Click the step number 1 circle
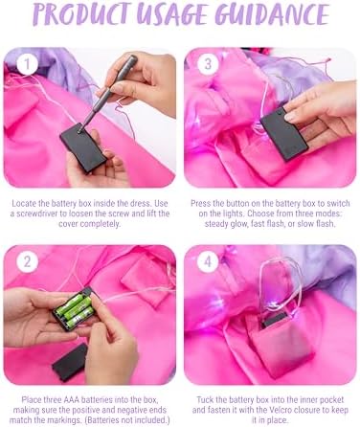tap(27, 63)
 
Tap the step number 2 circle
tap(27, 261)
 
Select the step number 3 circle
tap(208, 63)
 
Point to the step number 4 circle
tap(208, 261)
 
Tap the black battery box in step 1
tap(83, 148)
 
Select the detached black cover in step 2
tap(70, 362)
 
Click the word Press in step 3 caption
tap(201, 203)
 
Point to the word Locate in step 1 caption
tap(24, 203)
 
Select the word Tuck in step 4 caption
tap(205, 400)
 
